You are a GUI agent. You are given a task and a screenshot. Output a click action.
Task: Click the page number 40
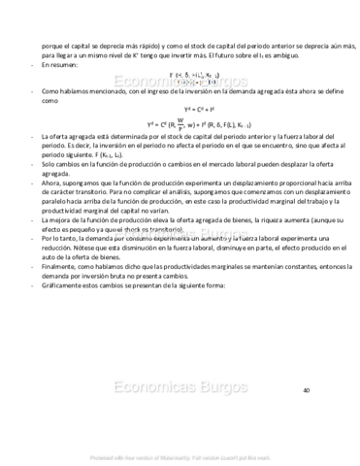point(306,390)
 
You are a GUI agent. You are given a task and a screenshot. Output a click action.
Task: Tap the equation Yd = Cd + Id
point(180,111)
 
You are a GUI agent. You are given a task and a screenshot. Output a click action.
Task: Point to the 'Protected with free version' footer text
point(180,455)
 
